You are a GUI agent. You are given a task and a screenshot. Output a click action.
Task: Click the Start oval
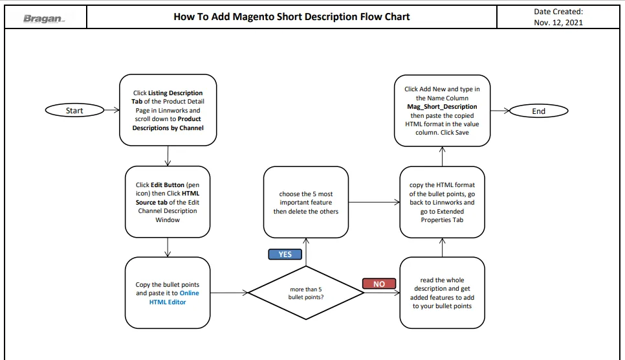point(74,110)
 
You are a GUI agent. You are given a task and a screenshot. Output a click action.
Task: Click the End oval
point(538,111)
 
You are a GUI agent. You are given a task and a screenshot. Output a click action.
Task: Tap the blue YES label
point(285,254)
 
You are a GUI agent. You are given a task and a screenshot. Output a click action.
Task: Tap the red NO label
point(379,284)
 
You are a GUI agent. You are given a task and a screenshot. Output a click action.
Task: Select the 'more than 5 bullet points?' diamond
point(306,293)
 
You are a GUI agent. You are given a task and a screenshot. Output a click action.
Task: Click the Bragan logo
point(44,18)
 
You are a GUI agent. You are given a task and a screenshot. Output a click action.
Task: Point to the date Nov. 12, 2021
point(558,23)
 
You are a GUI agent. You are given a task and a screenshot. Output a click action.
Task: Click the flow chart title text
point(291,17)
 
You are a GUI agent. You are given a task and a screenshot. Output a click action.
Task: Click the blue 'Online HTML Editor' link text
point(174,297)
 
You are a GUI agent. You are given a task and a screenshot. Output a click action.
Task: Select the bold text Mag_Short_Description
point(442,107)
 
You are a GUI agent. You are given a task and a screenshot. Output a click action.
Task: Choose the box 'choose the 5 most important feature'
point(306,202)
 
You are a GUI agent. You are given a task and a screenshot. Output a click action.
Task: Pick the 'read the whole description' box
point(442,293)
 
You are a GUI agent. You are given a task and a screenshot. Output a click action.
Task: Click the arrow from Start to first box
point(112,110)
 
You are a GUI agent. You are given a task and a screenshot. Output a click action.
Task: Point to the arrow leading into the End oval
point(500,111)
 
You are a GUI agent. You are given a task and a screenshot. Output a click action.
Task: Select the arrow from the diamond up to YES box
point(306,252)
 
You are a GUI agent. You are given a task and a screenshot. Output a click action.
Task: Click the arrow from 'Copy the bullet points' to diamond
point(229,293)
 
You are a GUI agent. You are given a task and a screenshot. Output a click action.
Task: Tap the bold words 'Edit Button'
point(168,185)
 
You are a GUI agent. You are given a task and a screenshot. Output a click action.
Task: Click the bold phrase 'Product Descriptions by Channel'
point(168,123)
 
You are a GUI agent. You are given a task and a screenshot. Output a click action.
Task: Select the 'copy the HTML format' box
point(442,202)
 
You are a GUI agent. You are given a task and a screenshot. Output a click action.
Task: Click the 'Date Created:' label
point(558,12)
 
